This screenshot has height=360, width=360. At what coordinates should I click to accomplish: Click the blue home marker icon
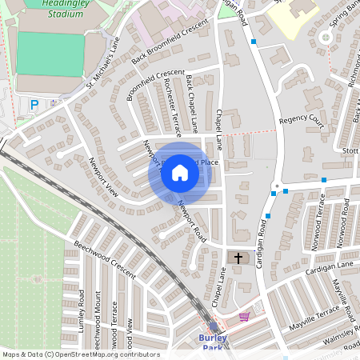[180, 173]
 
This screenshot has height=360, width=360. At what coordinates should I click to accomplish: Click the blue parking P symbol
[34, 105]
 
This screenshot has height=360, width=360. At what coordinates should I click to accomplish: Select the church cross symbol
[238, 258]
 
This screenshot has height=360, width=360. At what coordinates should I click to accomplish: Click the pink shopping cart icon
[244, 317]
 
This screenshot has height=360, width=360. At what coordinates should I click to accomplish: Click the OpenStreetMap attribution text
[81, 354]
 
